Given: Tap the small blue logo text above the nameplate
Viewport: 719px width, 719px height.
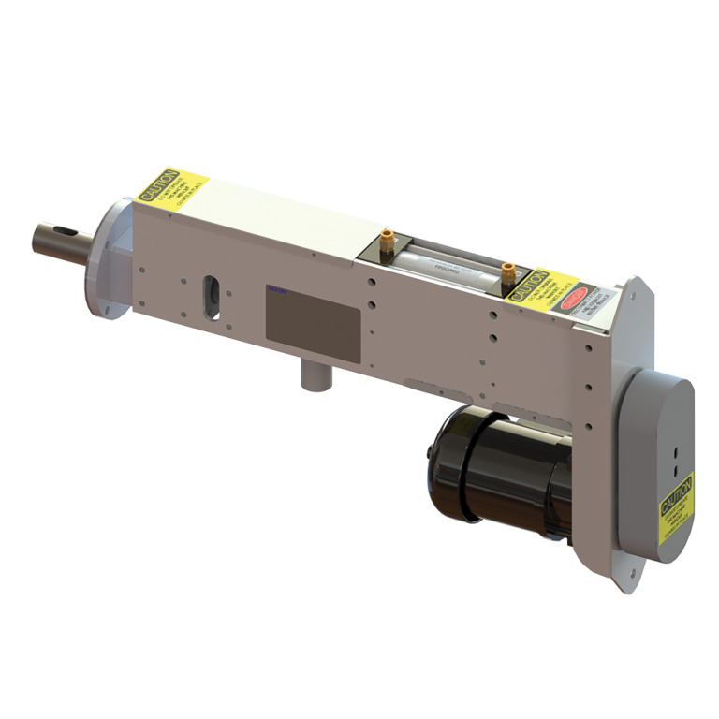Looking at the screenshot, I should pos(279,291).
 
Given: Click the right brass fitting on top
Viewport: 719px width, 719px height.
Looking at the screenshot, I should pos(506,272).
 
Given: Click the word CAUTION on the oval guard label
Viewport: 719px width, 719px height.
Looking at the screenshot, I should pos(677,493).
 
